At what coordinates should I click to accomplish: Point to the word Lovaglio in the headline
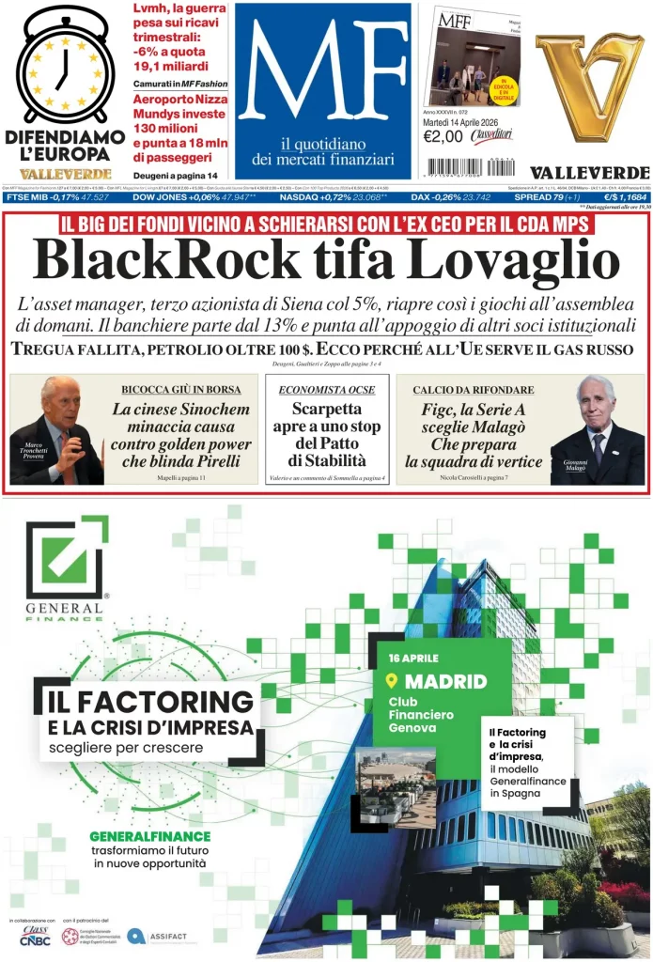pos(497,260)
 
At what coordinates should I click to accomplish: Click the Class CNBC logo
pos(35,936)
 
